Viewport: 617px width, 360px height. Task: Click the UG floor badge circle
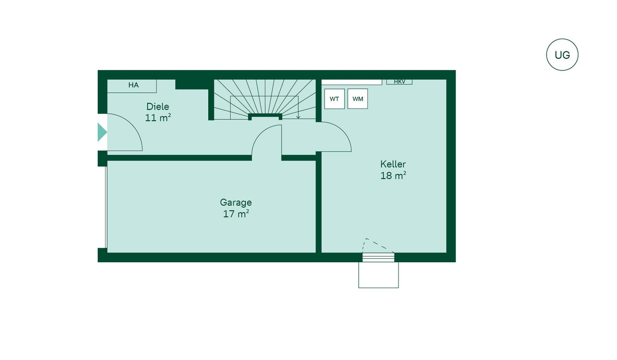click(562, 55)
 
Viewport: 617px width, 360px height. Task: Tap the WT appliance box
click(334, 99)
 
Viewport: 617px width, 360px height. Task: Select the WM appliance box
click(357, 99)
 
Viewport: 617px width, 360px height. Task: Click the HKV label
click(400, 82)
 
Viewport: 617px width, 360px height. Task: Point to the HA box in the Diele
click(132, 86)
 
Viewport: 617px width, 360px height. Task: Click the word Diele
click(157, 106)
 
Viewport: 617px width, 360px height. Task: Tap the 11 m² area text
click(158, 118)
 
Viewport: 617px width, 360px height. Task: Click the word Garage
click(236, 203)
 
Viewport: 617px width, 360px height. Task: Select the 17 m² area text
click(236, 214)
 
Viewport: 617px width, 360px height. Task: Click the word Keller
click(393, 164)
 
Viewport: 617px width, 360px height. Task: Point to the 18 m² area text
click(393, 175)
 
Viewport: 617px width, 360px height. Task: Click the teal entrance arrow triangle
click(102, 132)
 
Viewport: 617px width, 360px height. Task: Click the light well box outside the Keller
click(378, 275)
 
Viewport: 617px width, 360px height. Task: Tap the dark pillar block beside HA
click(192, 84)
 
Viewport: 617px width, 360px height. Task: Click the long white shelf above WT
click(352, 82)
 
